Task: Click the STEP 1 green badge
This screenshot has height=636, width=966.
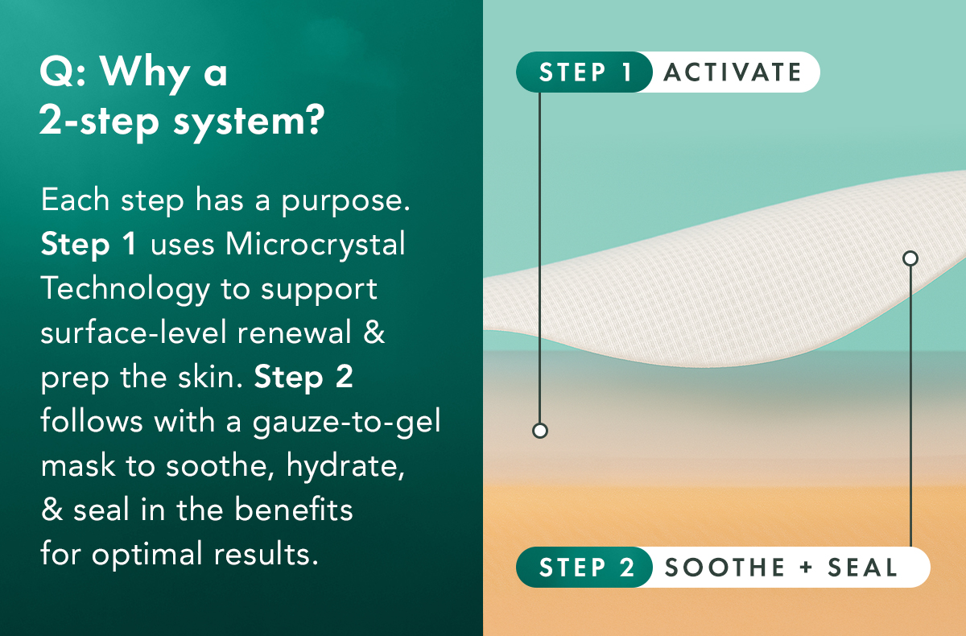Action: tap(584, 72)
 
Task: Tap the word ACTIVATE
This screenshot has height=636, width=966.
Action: tap(733, 72)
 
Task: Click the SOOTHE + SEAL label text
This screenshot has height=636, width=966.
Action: tap(781, 568)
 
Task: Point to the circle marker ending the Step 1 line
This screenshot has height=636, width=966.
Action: tap(540, 431)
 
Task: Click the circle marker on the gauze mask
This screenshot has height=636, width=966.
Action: tap(910, 258)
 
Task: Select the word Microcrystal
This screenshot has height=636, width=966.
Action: tap(316, 245)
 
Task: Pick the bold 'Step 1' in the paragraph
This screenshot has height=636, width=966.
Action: tap(89, 245)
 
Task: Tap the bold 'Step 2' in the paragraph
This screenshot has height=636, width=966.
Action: tap(303, 378)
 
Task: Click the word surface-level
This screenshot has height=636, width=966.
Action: tap(133, 332)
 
